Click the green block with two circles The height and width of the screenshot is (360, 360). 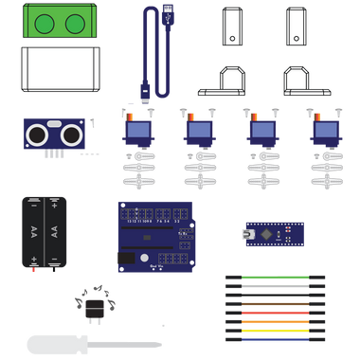click(x=59, y=22)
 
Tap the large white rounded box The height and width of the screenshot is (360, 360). click(x=60, y=68)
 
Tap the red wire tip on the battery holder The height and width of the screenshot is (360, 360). click(x=34, y=271)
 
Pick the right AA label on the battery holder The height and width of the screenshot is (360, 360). click(x=56, y=231)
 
